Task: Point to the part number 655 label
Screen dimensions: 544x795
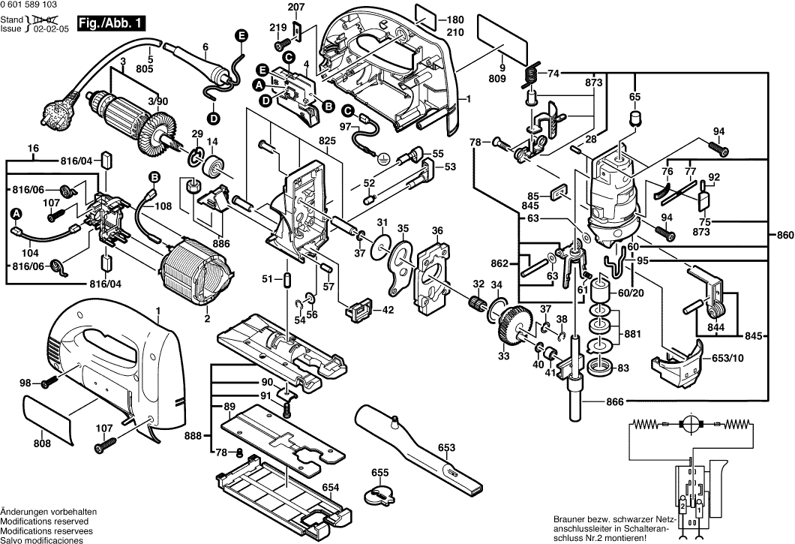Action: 380,473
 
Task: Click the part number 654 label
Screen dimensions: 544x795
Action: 331,486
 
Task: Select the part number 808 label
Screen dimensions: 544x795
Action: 42,443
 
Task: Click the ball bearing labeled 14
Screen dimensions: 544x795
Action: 217,167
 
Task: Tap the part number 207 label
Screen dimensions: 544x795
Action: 297,8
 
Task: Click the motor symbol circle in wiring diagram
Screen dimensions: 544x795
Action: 687,424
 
